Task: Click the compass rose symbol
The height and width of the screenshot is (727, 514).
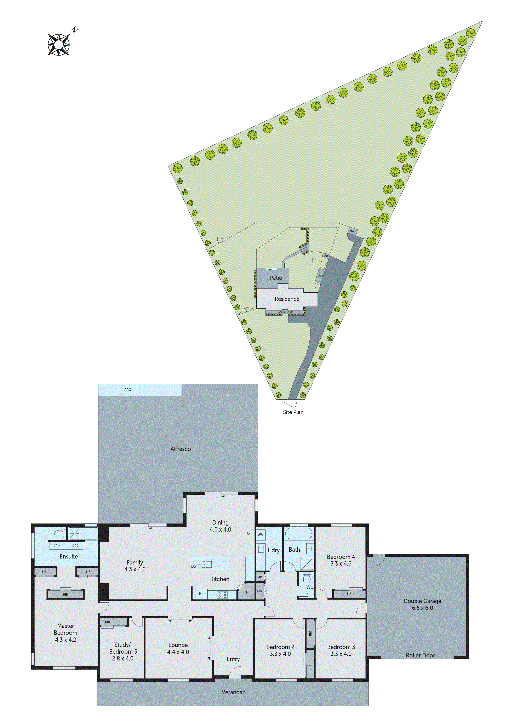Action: [x=59, y=44]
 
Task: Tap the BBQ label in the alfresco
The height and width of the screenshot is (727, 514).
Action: [x=128, y=390]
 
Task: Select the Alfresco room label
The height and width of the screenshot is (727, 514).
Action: [x=181, y=449]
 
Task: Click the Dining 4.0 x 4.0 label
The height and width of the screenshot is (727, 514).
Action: [x=221, y=526]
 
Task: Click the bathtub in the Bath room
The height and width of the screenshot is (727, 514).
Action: [x=299, y=533]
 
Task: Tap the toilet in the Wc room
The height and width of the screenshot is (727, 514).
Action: [x=307, y=579]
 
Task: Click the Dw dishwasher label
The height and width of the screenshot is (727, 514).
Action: [x=194, y=566]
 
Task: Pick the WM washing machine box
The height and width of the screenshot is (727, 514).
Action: [x=261, y=535]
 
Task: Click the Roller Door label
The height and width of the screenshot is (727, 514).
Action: [x=420, y=655]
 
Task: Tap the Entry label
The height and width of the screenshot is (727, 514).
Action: [x=233, y=659]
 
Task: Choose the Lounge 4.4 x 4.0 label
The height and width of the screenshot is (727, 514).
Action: [x=178, y=648]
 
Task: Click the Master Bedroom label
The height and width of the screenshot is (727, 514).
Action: [x=65, y=633]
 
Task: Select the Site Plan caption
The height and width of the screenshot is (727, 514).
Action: [x=293, y=412]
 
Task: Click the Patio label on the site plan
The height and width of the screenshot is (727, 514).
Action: [x=276, y=278]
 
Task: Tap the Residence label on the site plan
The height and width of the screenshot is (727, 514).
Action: [x=287, y=299]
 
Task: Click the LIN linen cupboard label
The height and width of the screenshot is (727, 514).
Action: [x=260, y=591]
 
